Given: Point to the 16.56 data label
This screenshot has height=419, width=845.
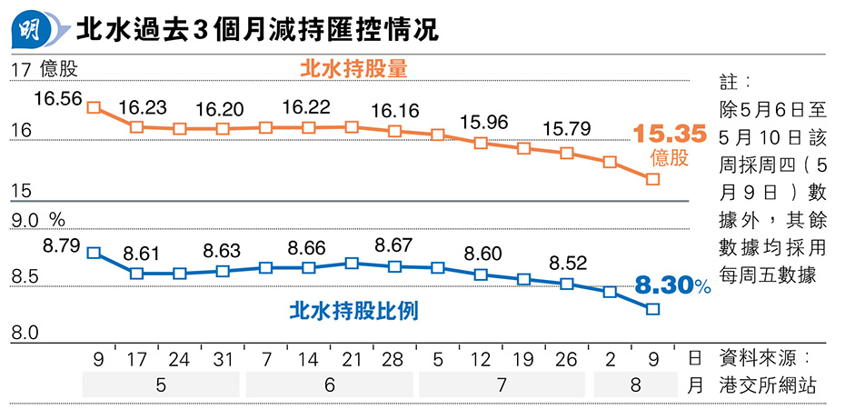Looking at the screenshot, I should tap(57, 97).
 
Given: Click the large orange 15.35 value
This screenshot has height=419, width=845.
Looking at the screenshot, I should tap(670, 135).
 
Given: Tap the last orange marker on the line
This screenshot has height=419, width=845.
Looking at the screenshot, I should tap(652, 179).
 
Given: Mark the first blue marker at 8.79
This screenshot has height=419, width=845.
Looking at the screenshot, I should tap(93, 253).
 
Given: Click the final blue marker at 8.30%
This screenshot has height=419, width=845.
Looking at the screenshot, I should tap(652, 309).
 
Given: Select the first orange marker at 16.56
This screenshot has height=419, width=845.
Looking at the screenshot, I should tap(93, 107).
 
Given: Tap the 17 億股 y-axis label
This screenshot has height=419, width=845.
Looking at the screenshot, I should tap(45, 68).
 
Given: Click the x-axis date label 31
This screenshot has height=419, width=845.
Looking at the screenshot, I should tap(221, 360).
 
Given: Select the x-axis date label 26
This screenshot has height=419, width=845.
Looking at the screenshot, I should tap(565, 360).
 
